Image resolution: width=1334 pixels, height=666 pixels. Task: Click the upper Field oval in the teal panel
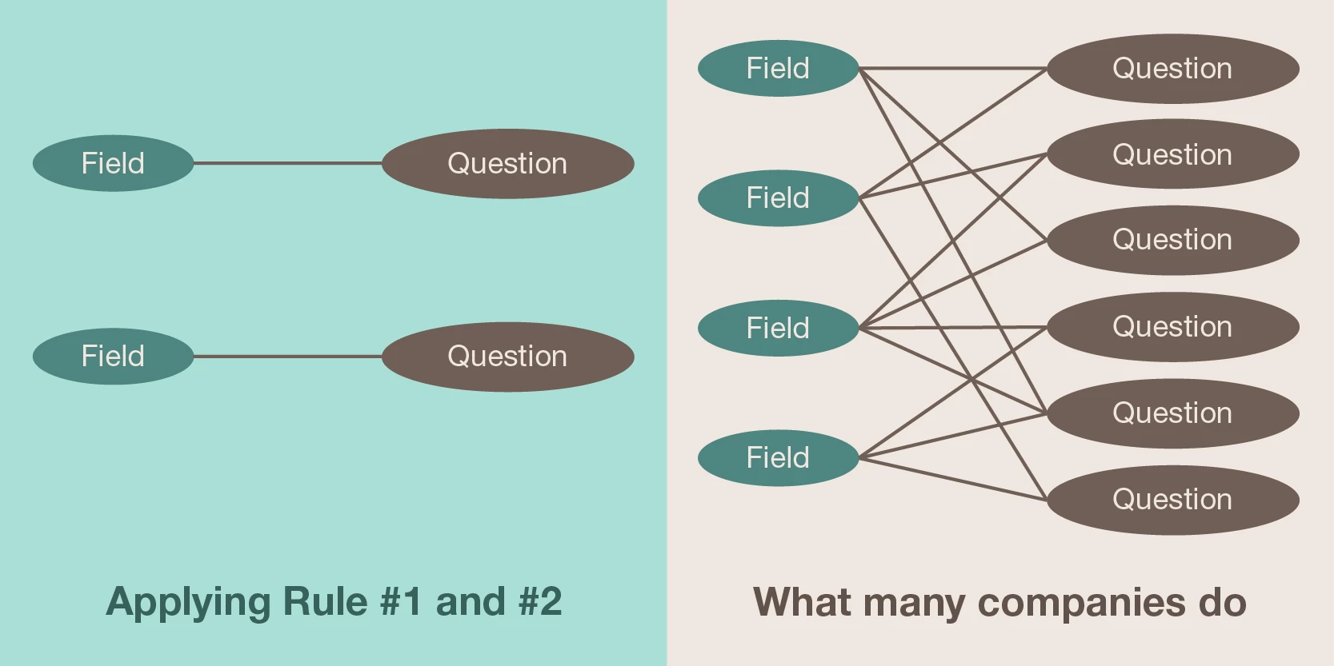113,163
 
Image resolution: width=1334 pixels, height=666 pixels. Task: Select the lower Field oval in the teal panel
113,356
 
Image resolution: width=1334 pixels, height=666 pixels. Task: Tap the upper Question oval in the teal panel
507,163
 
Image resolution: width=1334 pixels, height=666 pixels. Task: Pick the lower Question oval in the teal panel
507,356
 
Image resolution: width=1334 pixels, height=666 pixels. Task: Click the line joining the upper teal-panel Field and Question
288,163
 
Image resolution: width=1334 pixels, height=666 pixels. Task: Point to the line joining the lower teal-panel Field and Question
288,356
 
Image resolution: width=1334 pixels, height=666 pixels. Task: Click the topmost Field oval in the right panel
778,68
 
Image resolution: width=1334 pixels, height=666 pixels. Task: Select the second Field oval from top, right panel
778,197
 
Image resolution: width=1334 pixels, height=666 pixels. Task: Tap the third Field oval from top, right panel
778,328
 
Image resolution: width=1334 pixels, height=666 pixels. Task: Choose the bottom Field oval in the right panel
778,457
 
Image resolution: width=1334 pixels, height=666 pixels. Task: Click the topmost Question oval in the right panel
1172,68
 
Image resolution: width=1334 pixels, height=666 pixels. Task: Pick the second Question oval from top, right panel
1172,154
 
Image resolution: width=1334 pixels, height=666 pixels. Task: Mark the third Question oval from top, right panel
1172,240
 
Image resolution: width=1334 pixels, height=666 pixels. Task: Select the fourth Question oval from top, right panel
1172,326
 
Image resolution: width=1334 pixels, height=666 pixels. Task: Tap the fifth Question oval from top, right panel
1172,413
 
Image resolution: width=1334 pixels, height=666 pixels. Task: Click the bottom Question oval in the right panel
1172,499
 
